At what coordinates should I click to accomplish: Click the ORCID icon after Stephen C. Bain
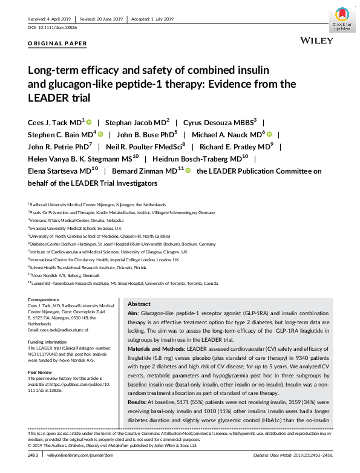tap(101, 134)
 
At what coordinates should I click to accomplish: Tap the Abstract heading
tap(140, 304)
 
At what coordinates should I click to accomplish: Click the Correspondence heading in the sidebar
tap(44, 301)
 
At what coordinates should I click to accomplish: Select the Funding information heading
tap(47, 341)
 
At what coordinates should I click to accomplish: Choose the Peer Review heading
tap(40, 371)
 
